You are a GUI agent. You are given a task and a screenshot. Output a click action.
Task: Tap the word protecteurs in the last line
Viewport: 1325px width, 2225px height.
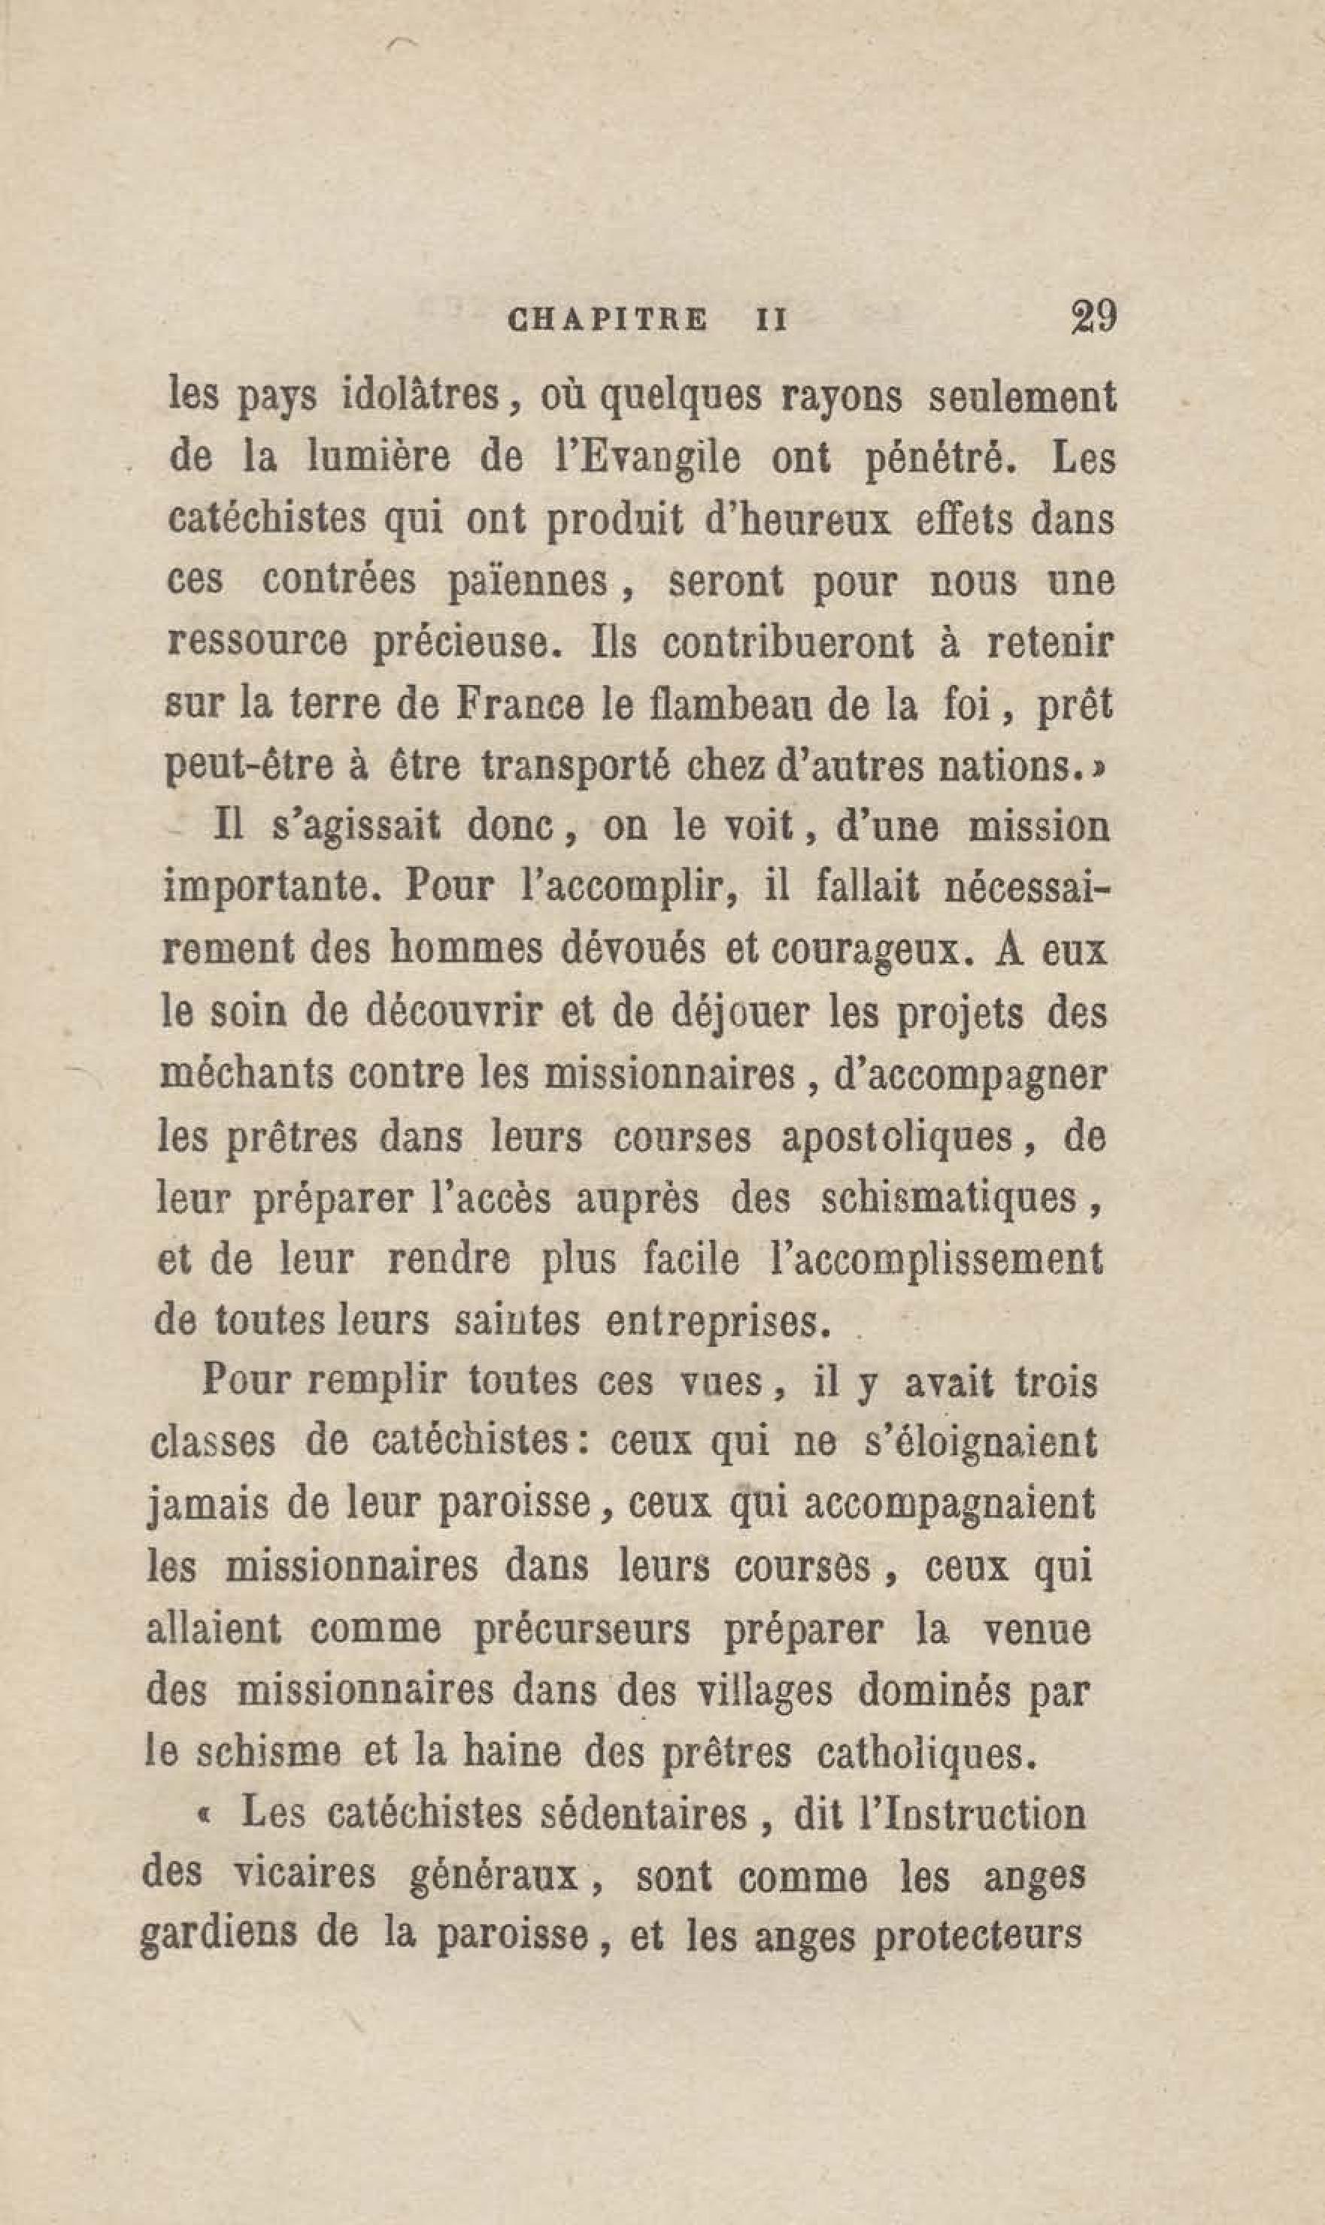[x=976, y=1938]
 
